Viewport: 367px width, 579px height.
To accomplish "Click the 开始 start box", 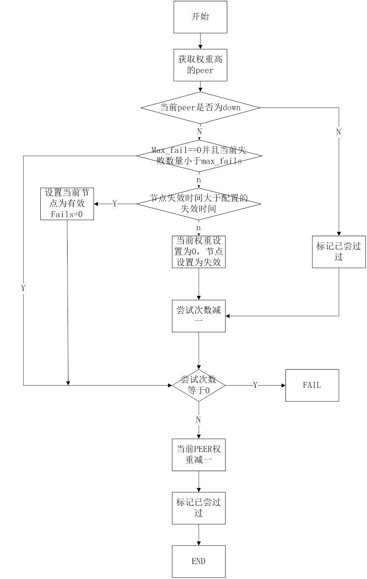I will coord(200,17).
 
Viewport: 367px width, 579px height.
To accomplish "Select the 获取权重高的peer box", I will coord(200,65).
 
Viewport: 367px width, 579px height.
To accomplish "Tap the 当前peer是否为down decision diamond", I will coord(200,107).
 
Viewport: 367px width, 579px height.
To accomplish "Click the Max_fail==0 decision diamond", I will coord(199,156).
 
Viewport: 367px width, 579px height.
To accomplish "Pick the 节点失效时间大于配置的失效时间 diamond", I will coord(198,204).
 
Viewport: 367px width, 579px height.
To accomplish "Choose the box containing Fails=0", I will coord(67,204).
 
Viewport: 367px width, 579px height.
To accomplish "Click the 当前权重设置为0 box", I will coord(198,251).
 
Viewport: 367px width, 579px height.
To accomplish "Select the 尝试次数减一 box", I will coord(198,316).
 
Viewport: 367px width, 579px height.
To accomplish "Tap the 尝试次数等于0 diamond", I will coord(198,385).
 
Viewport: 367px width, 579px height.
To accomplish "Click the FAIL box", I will coord(312,385).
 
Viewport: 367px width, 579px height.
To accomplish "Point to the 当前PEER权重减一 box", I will coord(198,455).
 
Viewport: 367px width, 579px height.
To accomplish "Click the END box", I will coord(198,561).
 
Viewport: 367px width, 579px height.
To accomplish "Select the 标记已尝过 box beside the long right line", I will coord(339,251).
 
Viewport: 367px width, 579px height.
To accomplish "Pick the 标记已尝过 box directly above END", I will coord(198,508).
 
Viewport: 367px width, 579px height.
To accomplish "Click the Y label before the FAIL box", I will coord(255,385).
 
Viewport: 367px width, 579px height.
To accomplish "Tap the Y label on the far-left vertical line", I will coord(23,288).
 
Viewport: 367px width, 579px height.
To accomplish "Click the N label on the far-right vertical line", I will coord(339,132).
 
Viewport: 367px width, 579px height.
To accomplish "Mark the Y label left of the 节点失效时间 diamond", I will coord(115,204).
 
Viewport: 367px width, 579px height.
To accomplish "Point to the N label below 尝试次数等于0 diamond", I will coord(198,420).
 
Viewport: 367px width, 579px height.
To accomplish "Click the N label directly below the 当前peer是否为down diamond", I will coord(199,132).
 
